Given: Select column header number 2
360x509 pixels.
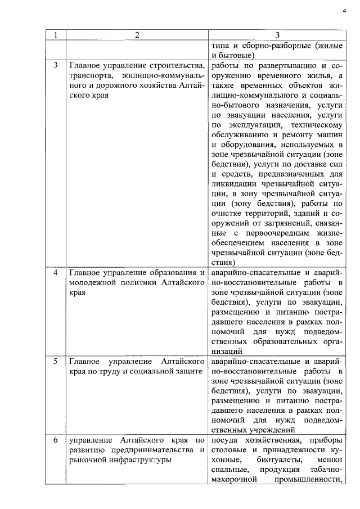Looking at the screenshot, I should point(137,35).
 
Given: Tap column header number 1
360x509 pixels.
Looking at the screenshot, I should point(56,35).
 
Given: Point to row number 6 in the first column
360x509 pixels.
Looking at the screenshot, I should point(56,439).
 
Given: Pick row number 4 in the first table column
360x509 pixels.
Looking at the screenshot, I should point(56,273).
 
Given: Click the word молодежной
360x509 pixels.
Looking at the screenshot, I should point(91,283).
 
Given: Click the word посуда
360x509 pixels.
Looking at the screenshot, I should point(226,439).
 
